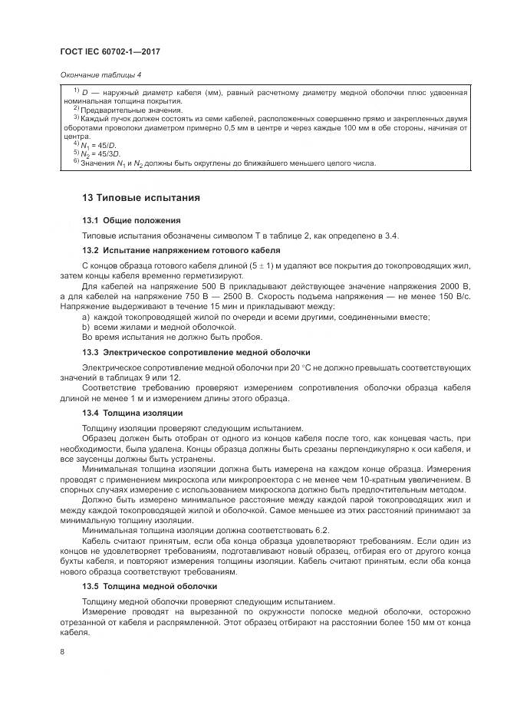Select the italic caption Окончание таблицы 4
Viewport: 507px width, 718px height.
tap(100, 74)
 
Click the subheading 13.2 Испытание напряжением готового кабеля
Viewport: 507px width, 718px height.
tap(181, 250)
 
